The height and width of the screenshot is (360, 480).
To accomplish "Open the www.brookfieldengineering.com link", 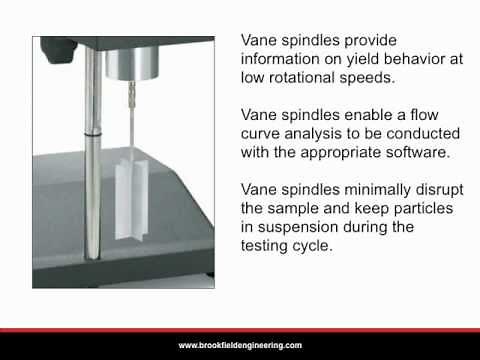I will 240,345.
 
